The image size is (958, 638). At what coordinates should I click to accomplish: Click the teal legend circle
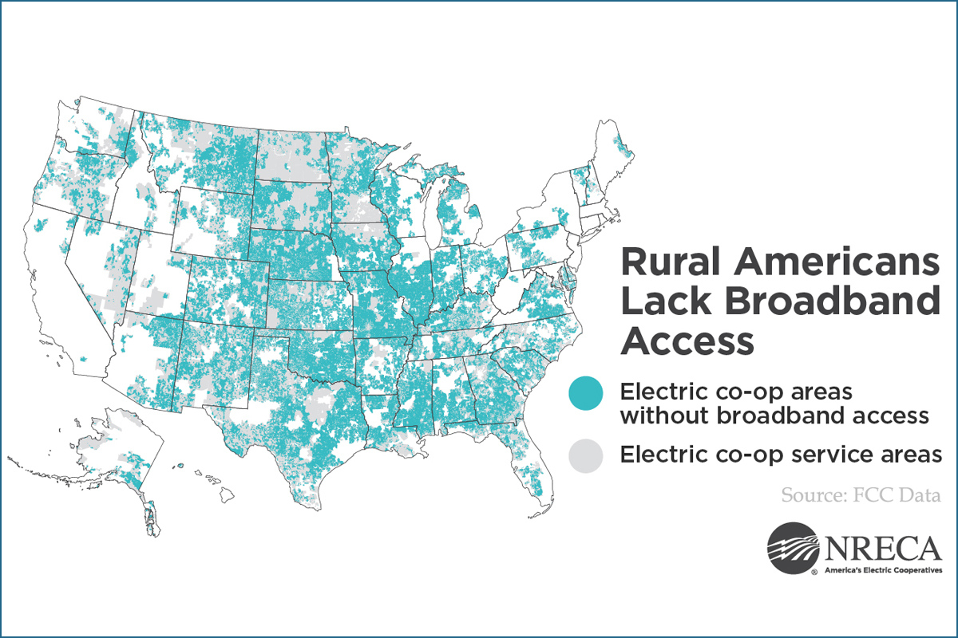(x=585, y=393)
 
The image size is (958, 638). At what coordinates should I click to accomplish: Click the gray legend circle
(x=585, y=455)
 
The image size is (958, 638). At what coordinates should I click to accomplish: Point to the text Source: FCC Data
(x=861, y=495)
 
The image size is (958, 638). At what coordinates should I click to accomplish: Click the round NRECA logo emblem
(x=793, y=548)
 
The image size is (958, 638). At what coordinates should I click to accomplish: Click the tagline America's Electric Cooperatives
(x=883, y=570)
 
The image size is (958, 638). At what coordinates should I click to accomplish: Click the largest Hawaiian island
(x=227, y=494)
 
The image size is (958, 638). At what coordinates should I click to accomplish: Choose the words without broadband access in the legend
(x=774, y=415)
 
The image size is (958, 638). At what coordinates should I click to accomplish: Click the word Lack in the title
(x=667, y=301)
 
